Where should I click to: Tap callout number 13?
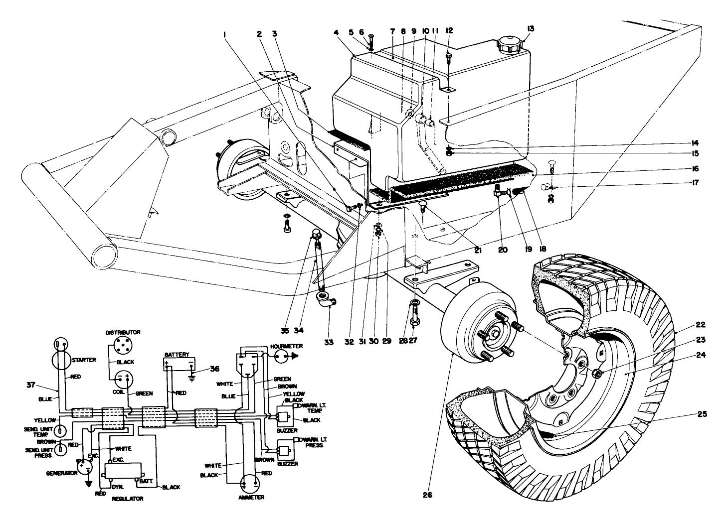click(530, 28)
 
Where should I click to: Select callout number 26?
click(427, 495)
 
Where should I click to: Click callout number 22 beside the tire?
click(701, 325)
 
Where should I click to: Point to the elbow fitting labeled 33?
click(327, 301)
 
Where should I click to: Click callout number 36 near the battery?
click(214, 369)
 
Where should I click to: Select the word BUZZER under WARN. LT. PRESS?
click(288, 464)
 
